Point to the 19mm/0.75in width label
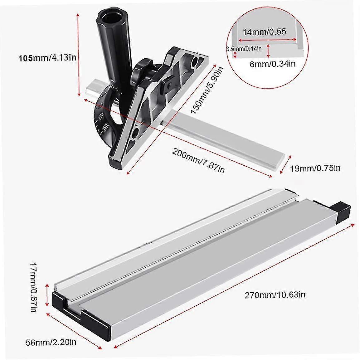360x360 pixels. pyautogui.click(x=315, y=168)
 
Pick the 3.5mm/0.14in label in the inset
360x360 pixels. pyautogui.click(x=244, y=48)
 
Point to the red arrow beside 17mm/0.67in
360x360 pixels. pyautogui.click(x=47, y=295)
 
